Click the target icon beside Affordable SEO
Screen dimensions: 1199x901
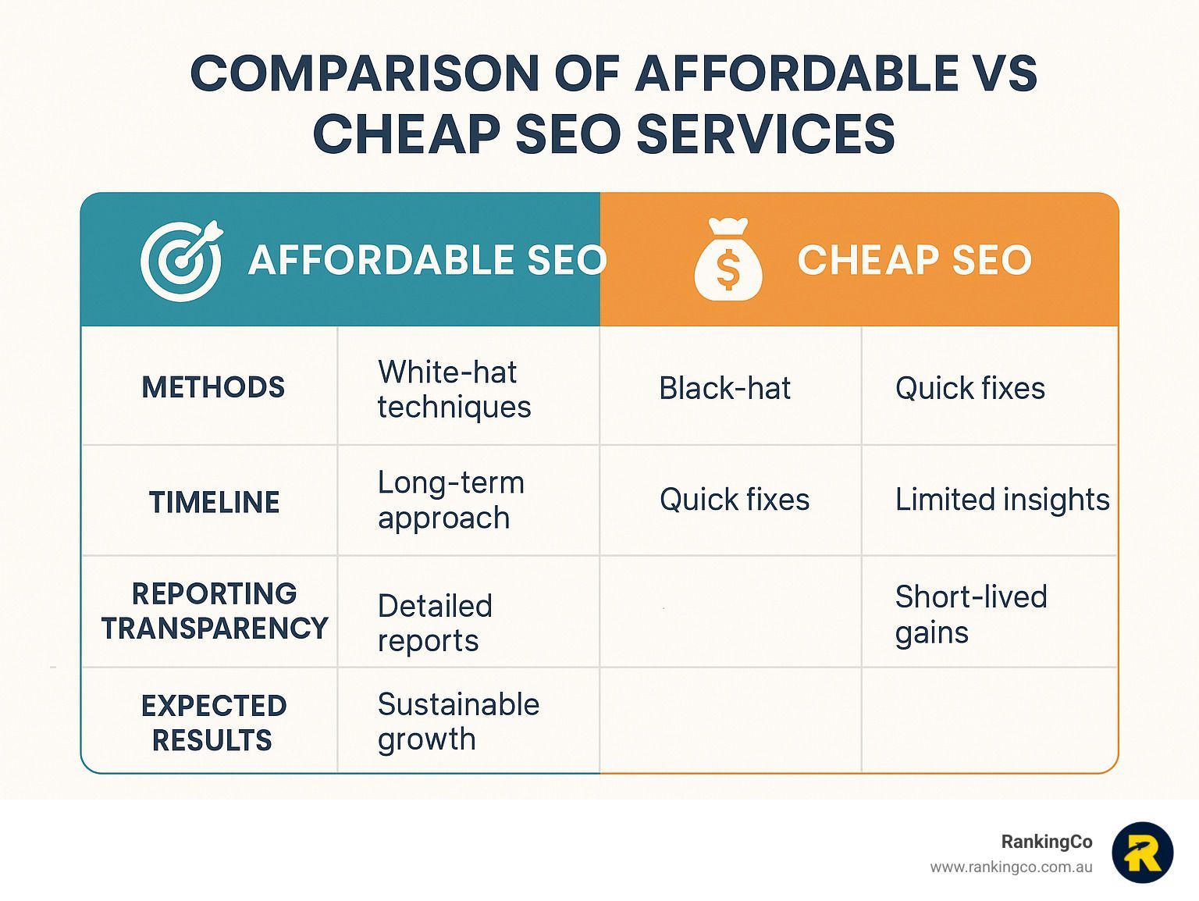tap(181, 261)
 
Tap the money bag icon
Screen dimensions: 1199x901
tap(728, 259)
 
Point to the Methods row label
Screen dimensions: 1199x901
tap(213, 386)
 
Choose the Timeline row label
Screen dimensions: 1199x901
tap(214, 502)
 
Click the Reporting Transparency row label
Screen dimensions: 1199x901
tap(214, 611)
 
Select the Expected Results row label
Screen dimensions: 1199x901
tap(214, 722)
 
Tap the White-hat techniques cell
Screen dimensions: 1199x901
tap(454, 389)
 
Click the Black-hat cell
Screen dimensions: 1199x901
tap(725, 388)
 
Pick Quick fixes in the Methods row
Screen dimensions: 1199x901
tap(970, 388)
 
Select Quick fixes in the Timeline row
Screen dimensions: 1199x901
tap(735, 499)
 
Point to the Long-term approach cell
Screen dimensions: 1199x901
tap(450, 500)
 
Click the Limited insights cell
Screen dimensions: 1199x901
tap(1002, 500)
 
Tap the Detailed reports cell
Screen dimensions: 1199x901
tap(435, 623)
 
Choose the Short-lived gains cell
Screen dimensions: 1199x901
tap(971, 614)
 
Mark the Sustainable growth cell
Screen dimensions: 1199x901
tap(458, 721)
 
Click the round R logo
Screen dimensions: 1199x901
tap(1143, 853)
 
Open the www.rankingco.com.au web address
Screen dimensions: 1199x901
tap(1011, 867)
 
